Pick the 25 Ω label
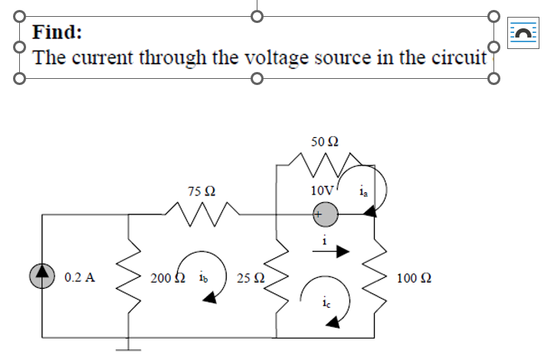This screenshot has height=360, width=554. click(251, 277)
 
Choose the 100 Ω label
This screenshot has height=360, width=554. click(413, 277)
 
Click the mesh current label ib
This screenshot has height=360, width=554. click(202, 277)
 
